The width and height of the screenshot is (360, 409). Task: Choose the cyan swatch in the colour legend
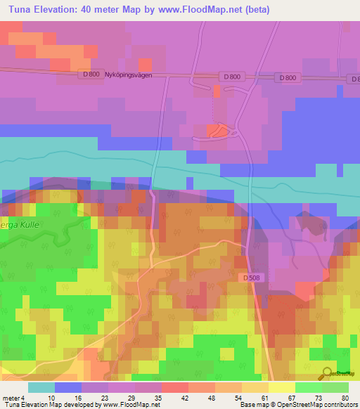41,387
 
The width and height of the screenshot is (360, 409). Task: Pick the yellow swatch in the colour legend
282,387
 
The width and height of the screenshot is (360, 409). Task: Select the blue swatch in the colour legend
68,387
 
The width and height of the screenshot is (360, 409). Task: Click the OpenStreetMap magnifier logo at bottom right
328,373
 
